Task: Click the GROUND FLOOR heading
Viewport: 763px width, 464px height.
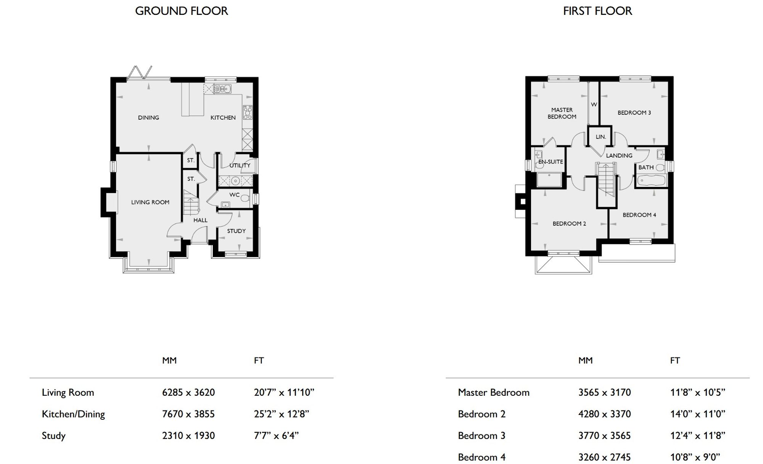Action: click(x=182, y=11)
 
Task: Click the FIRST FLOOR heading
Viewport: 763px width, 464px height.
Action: click(x=597, y=11)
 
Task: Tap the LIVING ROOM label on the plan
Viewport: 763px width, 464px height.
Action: click(x=150, y=202)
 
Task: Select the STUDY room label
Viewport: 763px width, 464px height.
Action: click(x=237, y=231)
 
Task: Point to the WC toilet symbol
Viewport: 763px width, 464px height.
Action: click(x=245, y=198)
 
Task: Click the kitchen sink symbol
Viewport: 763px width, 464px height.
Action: click(x=222, y=89)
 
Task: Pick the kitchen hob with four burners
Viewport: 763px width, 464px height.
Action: click(x=248, y=112)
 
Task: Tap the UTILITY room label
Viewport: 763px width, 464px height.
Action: click(x=240, y=165)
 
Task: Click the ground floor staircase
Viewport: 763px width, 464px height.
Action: click(x=191, y=202)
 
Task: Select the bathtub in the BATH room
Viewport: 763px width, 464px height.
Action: click(x=651, y=180)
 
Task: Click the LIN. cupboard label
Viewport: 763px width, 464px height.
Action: click(x=601, y=137)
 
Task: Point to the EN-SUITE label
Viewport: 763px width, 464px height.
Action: click(x=551, y=162)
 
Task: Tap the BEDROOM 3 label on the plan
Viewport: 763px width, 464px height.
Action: click(x=634, y=113)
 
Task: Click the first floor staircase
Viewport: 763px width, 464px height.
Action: click(x=607, y=179)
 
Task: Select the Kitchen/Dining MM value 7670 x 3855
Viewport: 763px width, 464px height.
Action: click(x=188, y=414)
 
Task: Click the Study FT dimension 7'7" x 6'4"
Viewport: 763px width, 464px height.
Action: click(x=276, y=435)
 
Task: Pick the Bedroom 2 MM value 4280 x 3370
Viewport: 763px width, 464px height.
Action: click(x=605, y=414)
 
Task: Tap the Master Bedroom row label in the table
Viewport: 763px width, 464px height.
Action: click(x=494, y=392)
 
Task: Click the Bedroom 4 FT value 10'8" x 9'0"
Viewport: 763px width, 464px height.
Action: click(x=695, y=457)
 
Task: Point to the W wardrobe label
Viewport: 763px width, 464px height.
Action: click(x=594, y=104)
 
